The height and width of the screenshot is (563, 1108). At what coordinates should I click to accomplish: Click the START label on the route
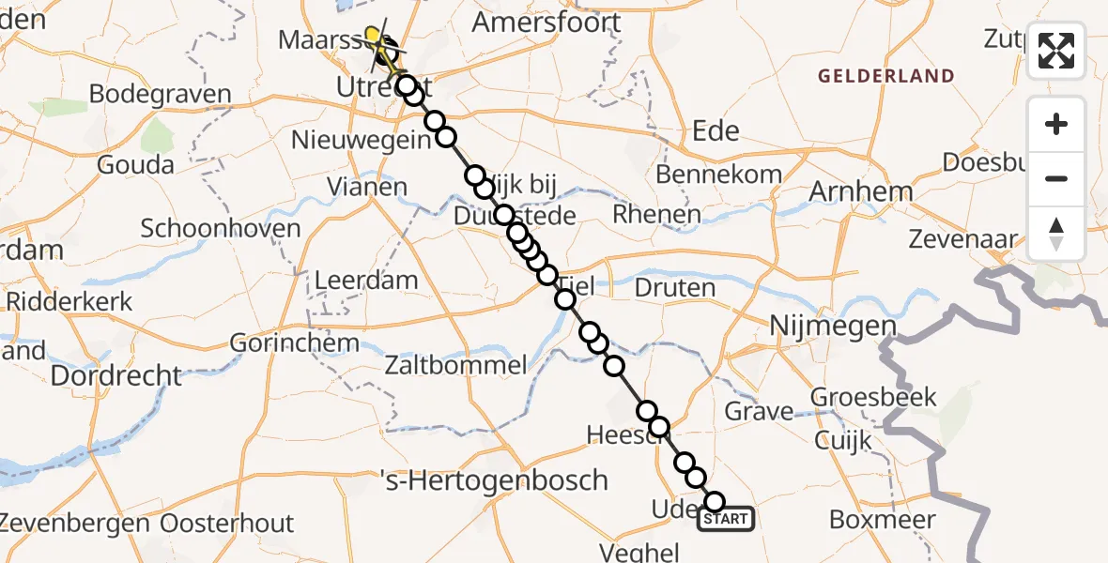[726, 519]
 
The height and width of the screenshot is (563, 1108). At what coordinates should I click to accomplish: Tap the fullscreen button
[1056, 51]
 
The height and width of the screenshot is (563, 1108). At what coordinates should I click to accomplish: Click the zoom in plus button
[1056, 124]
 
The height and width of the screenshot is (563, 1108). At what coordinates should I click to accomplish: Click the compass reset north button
[1056, 234]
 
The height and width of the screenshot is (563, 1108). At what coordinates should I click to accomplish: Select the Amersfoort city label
[548, 23]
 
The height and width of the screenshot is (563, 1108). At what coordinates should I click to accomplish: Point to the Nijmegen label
[832, 327]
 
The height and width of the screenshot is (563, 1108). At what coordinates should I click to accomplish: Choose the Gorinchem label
[295, 342]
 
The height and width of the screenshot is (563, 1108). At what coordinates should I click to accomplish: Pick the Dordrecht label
[116, 375]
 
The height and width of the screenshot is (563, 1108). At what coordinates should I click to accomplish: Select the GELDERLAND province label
[885, 76]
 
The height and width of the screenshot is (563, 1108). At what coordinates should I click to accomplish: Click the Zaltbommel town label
[456, 365]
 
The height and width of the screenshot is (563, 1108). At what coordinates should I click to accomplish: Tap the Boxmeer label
[883, 520]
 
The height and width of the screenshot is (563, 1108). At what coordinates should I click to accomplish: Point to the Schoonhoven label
[221, 228]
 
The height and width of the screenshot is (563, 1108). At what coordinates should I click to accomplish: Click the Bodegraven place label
[160, 94]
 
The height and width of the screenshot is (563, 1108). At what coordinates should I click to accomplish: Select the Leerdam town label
[366, 280]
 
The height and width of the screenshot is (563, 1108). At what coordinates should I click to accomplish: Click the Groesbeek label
[873, 397]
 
